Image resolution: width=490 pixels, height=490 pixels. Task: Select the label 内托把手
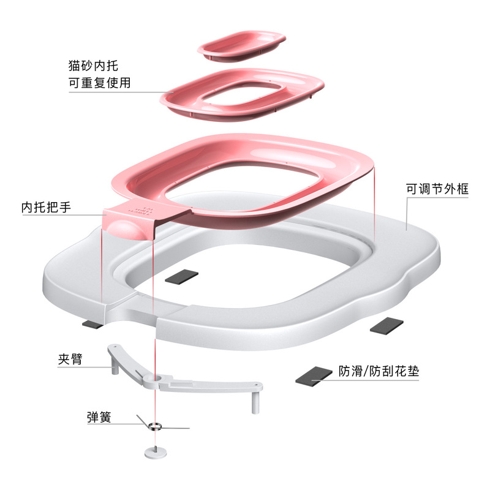pos(46,208)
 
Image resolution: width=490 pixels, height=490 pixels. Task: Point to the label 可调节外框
pos(437,189)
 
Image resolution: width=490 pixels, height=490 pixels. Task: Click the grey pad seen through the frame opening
pos(183,276)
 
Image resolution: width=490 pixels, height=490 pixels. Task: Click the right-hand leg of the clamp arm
pos(253,401)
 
